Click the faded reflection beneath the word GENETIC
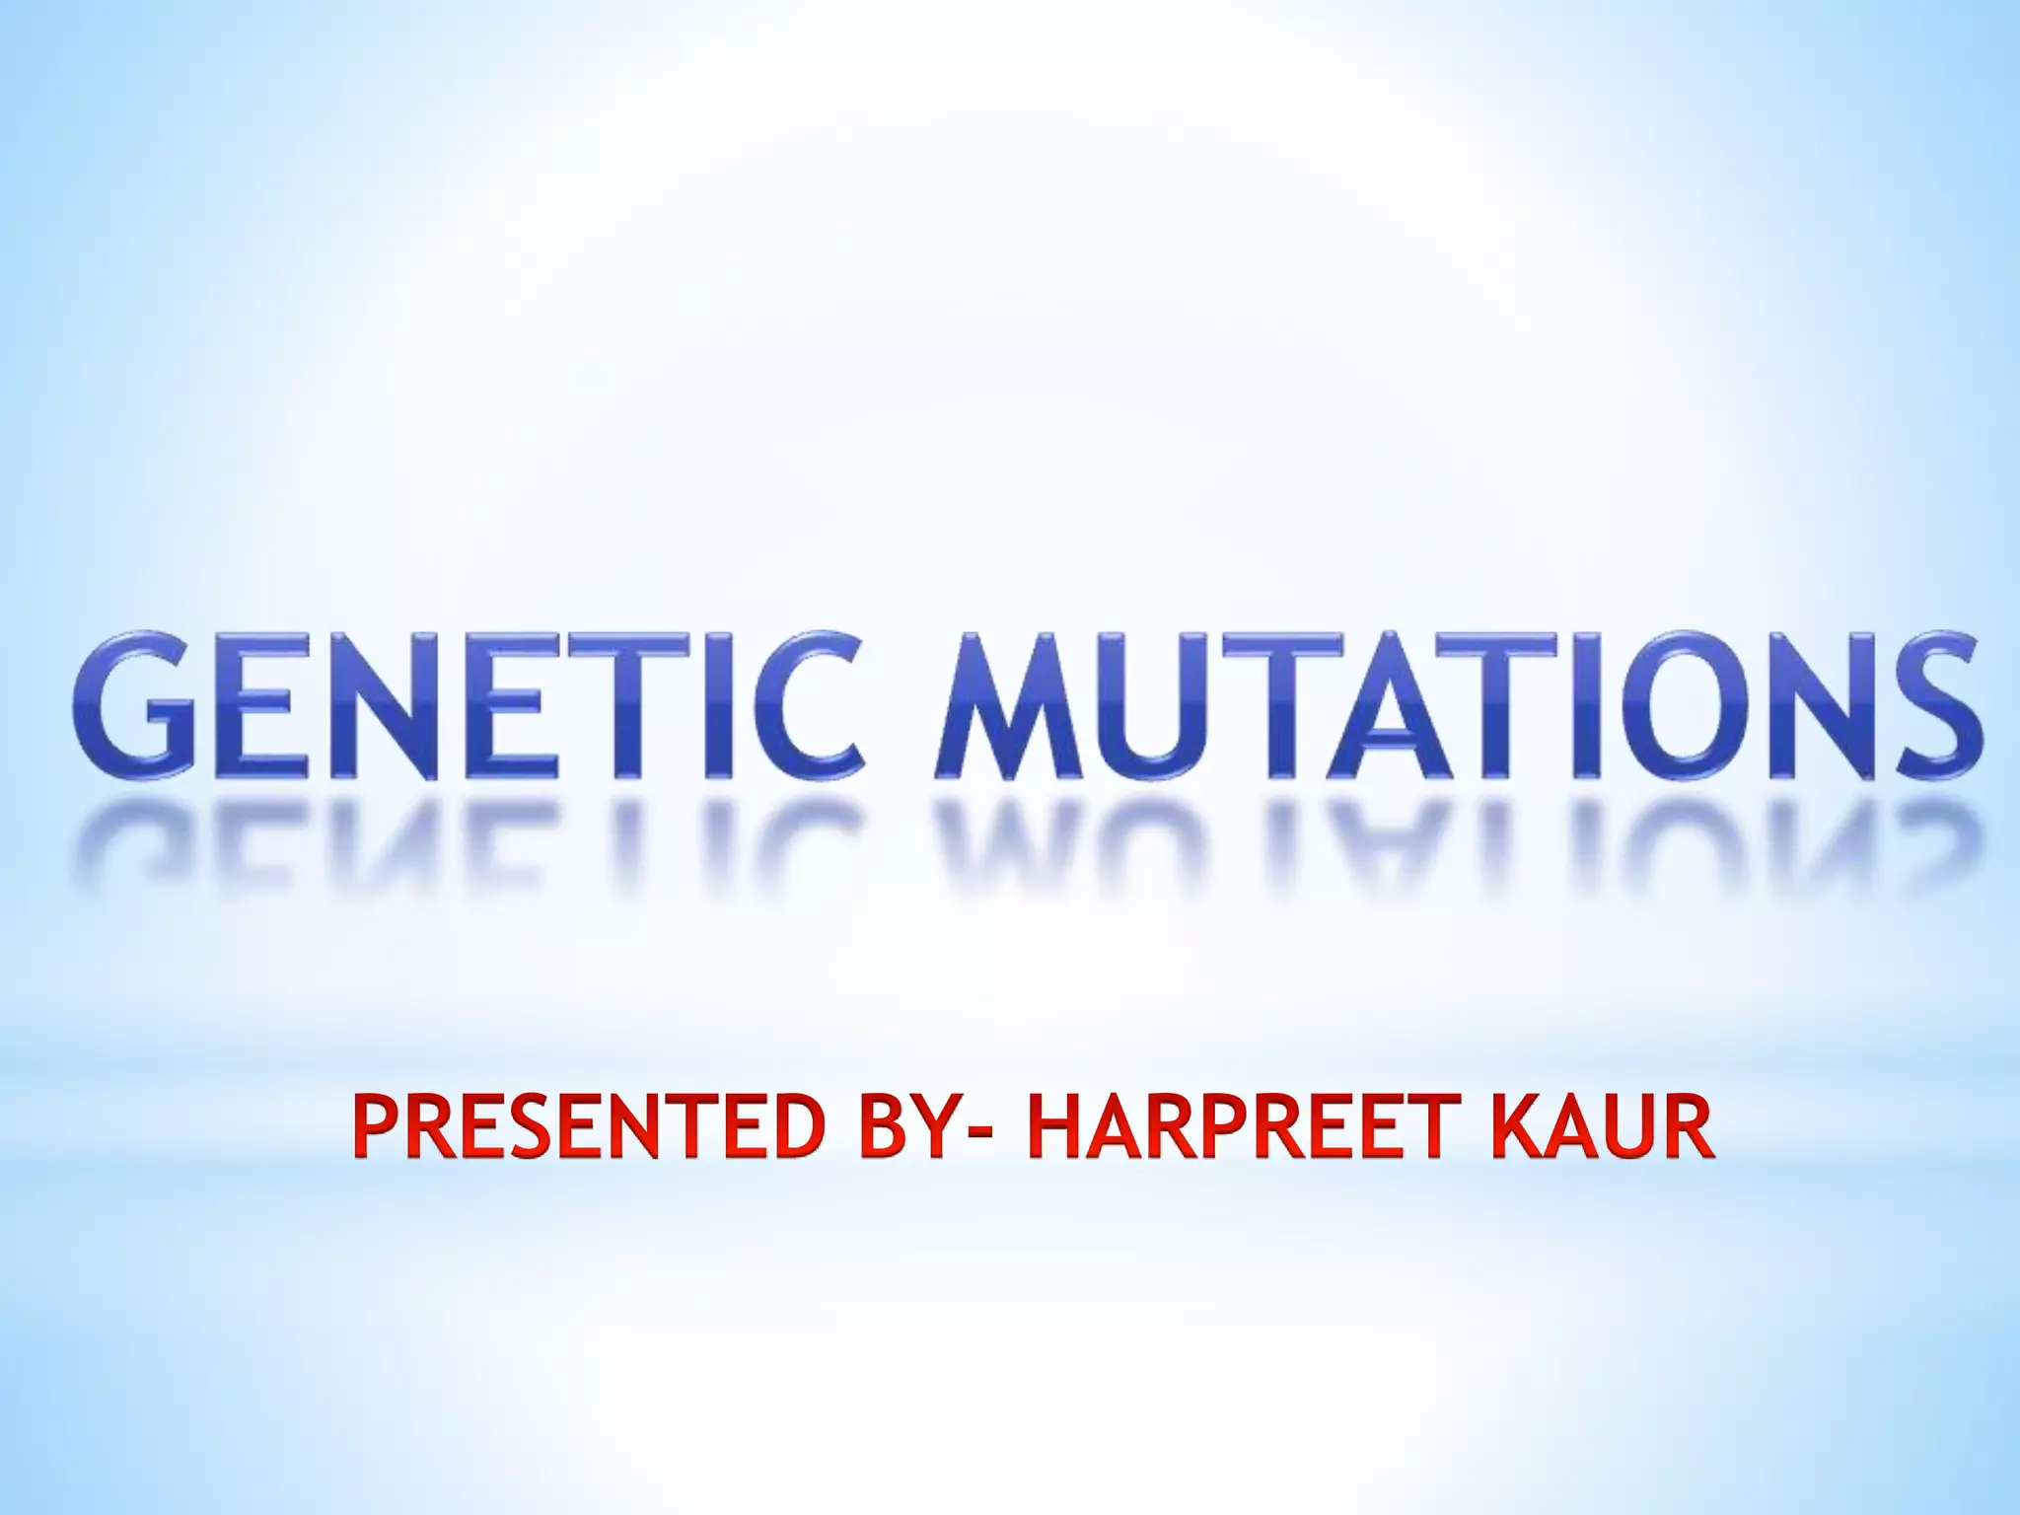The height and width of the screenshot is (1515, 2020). pyautogui.click(x=469, y=838)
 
